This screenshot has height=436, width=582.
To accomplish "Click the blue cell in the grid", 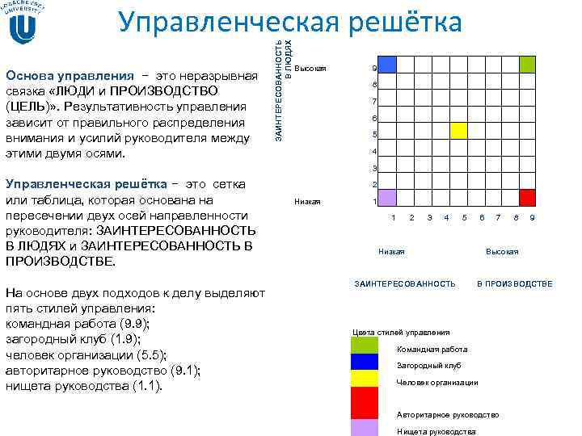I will click(x=387, y=65).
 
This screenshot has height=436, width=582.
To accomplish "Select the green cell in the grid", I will click(x=528, y=65).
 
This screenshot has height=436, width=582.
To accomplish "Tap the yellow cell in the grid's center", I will click(x=458, y=131).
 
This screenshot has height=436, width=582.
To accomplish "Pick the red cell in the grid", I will click(x=528, y=198).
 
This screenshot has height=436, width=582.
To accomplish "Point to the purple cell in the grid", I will click(x=387, y=198).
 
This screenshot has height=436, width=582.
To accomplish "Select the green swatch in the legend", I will click(x=365, y=346).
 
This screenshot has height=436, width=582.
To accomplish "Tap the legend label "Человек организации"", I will click(x=437, y=382).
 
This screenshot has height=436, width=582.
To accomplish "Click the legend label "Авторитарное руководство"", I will click(x=447, y=415).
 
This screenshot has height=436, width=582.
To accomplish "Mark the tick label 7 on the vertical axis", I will click(x=373, y=102).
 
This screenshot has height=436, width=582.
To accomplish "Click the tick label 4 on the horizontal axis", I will click(x=447, y=218).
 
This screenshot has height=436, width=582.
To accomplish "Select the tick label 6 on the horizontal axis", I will click(x=482, y=218).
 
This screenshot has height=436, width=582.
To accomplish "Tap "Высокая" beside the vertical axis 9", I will click(x=311, y=68).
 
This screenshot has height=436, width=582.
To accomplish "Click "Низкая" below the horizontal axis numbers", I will click(x=392, y=252).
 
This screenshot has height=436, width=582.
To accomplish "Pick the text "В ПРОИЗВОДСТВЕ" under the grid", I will click(x=515, y=283).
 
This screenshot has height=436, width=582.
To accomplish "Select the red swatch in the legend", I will click(x=365, y=402).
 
